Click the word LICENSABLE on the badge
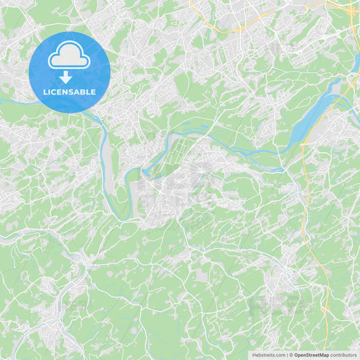point(70,92)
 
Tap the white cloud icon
point(69,57)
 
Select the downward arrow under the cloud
point(66,76)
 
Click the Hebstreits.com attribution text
point(269,355)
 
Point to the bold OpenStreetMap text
point(311,355)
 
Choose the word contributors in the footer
point(344,355)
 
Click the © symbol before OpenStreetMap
point(291,355)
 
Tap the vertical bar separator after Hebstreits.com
point(287,355)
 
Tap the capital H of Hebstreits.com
point(254,355)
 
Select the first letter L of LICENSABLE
point(45,92)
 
